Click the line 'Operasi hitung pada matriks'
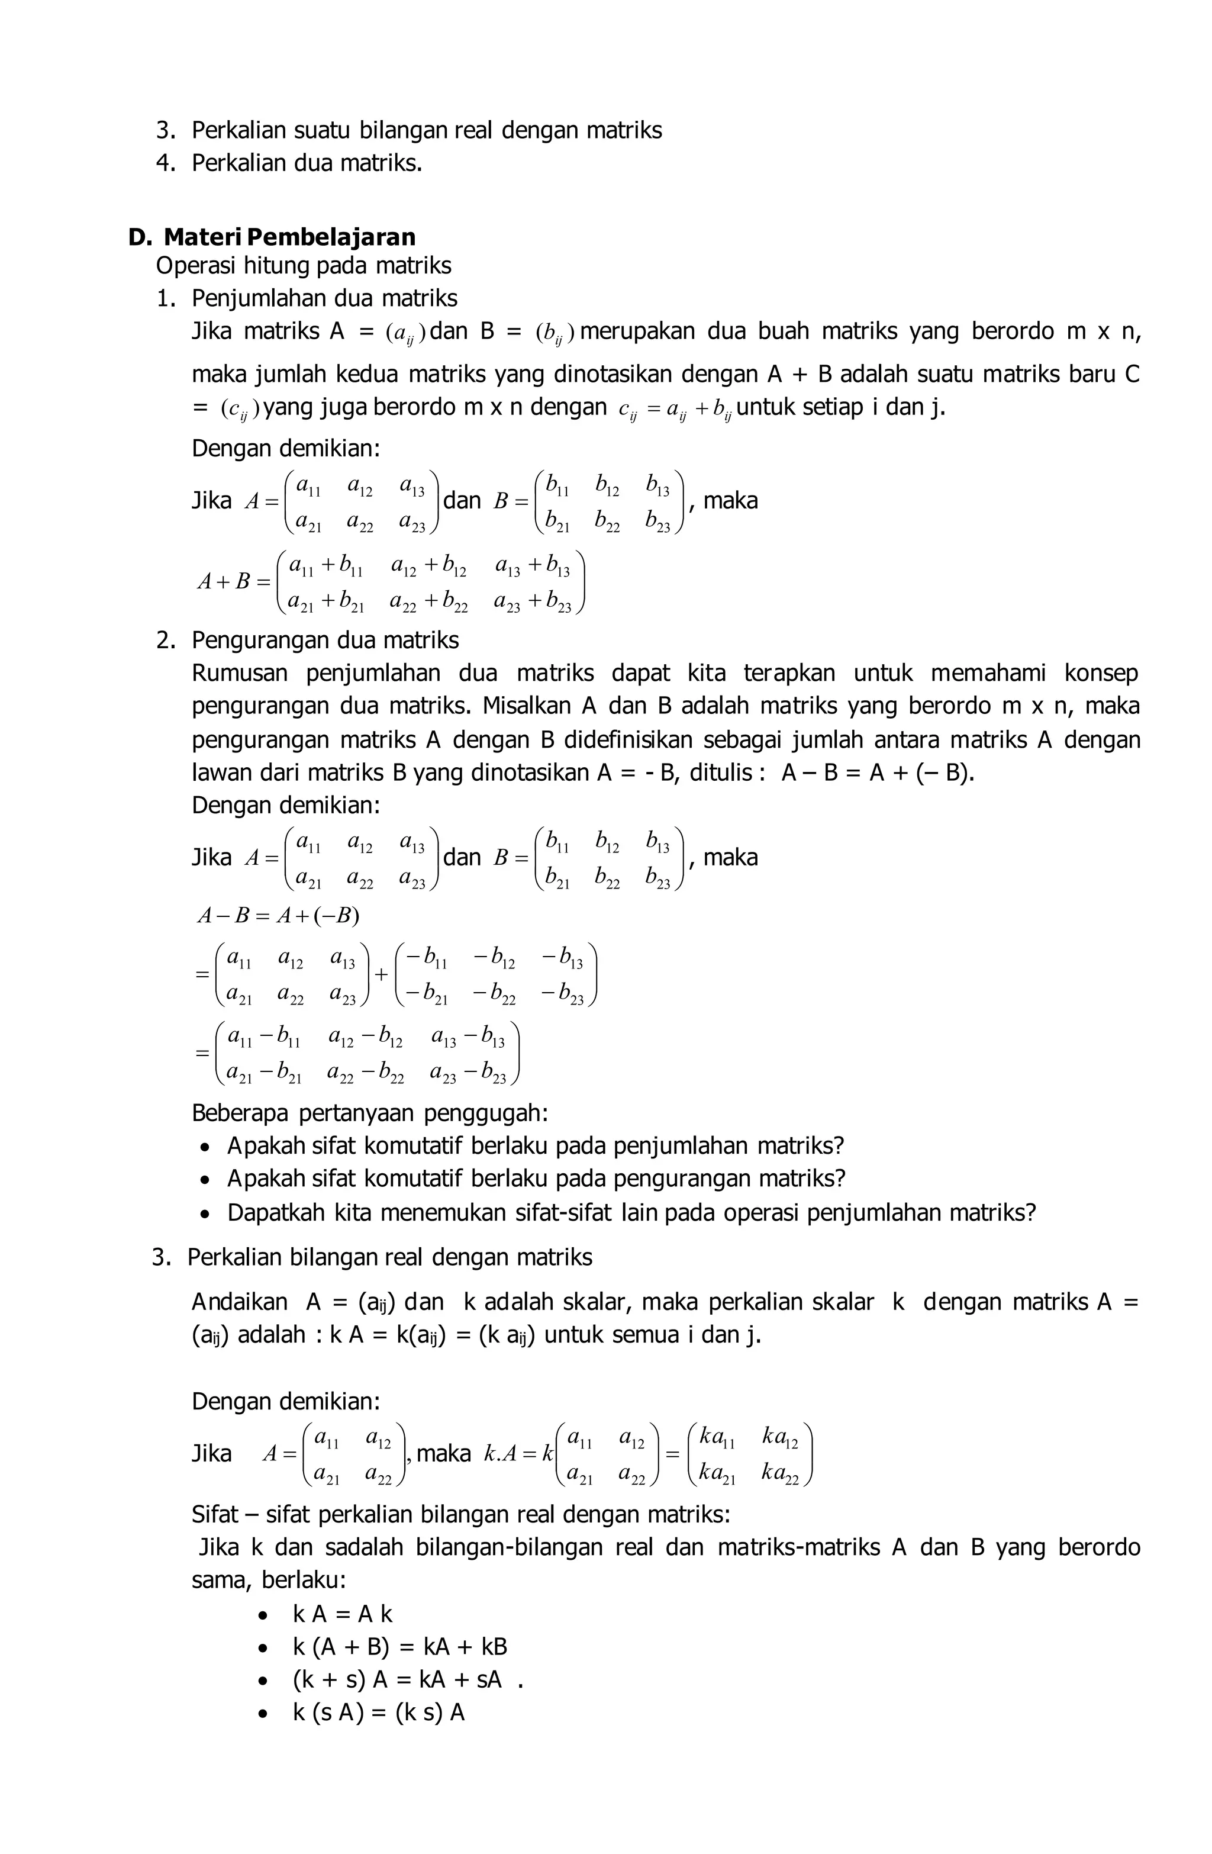coord(303,266)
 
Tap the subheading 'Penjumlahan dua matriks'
coord(324,298)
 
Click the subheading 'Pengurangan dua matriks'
coord(325,640)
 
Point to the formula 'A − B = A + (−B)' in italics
coord(278,915)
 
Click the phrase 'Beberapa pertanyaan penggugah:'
coord(370,1113)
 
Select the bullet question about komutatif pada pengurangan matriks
coord(536,1179)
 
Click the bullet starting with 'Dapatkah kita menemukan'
coord(631,1213)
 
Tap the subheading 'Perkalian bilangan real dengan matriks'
coord(389,1257)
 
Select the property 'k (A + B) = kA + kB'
coord(399,1647)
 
